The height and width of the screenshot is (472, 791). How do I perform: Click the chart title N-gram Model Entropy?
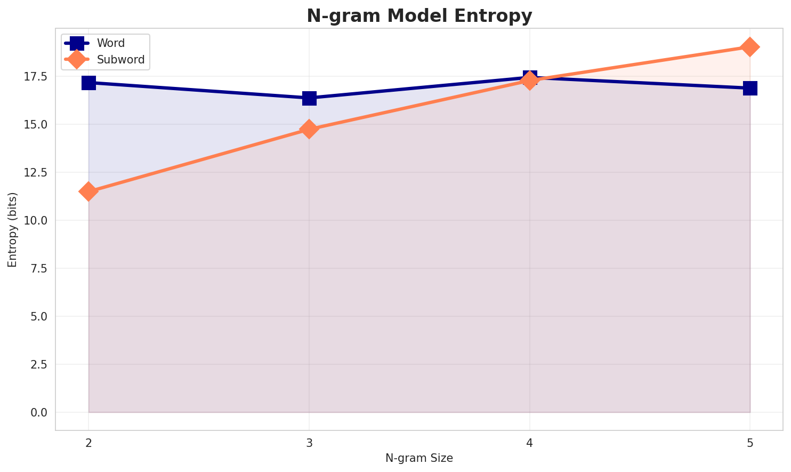click(419, 16)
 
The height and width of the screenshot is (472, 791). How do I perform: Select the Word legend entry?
click(110, 43)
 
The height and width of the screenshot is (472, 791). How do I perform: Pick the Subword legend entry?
click(120, 60)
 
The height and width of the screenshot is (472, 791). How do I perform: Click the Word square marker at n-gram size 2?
click(88, 83)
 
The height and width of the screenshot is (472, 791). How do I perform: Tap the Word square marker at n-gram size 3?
click(309, 98)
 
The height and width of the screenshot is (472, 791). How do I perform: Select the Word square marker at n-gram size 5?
click(750, 88)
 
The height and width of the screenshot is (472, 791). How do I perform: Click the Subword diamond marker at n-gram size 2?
click(88, 191)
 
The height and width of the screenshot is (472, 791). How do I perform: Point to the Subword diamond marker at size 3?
click(309, 129)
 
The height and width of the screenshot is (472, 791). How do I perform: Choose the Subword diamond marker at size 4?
click(529, 81)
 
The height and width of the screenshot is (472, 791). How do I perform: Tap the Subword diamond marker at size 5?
click(750, 47)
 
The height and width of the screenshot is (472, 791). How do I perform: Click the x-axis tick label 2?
click(88, 443)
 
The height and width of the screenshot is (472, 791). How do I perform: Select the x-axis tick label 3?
click(309, 443)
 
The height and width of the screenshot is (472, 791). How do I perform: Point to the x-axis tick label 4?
click(529, 443)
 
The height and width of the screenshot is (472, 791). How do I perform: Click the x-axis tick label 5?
click(750, 443)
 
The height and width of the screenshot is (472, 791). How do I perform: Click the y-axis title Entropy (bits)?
click(12, 229)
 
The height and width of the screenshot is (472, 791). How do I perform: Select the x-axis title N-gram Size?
click(419, 458)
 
